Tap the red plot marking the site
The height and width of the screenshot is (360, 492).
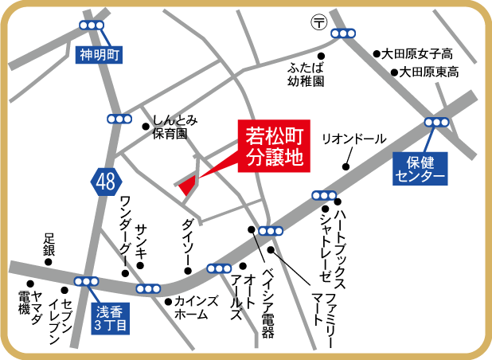(188, 185)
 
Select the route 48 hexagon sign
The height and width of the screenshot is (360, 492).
(104, 182)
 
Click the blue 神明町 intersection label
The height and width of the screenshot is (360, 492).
(99, 55)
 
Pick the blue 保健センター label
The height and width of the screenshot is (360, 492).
(419, 167)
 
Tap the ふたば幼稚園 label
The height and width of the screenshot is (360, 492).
(307, 74)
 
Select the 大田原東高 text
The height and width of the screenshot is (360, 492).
(428, 72)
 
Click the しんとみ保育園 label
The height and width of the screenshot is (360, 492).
(175, 127)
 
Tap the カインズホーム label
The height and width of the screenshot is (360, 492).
(191, 308)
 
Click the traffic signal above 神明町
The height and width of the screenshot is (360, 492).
(92, 25)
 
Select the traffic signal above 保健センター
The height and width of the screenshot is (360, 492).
(437, 122)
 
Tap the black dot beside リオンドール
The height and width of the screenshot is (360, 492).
(345, 167)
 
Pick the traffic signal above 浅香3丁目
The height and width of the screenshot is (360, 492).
(86, 281)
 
